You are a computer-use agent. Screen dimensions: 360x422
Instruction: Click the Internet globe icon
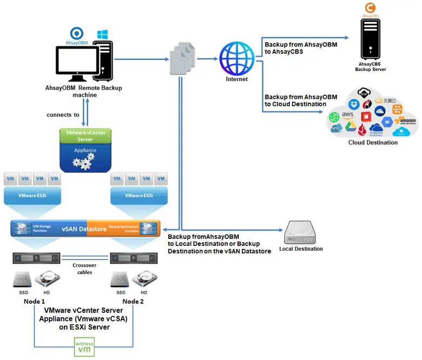236,58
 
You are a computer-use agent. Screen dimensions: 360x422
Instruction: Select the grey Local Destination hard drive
300,232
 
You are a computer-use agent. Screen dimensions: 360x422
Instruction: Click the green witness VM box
84,346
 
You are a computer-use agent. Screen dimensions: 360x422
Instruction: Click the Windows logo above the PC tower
102,35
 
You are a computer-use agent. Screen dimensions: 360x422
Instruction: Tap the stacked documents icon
182,59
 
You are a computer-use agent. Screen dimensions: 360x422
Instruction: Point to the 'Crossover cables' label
84,269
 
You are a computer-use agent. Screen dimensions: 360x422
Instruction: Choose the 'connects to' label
63,115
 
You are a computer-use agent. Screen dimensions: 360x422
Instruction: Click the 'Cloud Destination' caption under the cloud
373,143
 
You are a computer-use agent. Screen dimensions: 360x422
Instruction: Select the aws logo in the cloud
347,115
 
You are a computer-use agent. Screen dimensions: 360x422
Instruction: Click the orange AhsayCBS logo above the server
370,8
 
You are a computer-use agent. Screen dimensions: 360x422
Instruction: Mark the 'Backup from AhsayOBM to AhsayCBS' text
300,49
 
